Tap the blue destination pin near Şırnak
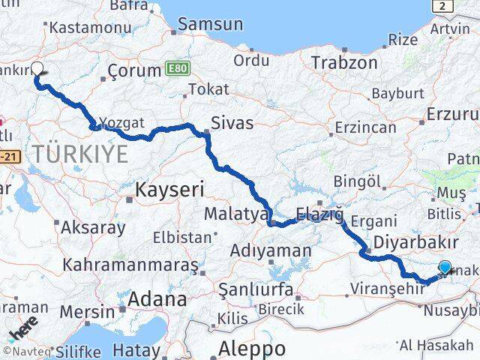(x=445, y=268)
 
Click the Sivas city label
(x=232, y=123)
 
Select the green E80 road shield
(x=178, y=69)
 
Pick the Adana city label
(x=156, y=300)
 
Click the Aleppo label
(x=252, y=349)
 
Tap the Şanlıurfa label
(x=253, y=288)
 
